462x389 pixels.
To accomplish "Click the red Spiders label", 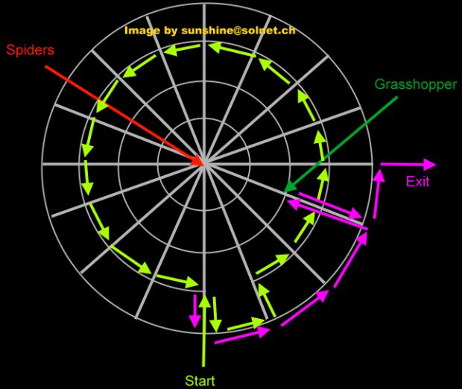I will [x=30, y=51].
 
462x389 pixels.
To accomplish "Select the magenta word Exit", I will [x=417, y=181].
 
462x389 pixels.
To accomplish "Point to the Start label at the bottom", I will [x=200, y=381].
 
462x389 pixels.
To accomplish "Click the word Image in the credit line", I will [x=142, y=31].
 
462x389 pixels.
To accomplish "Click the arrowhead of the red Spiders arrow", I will [x=201, y=163].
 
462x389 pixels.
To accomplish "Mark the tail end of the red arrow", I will [x=46, y=66].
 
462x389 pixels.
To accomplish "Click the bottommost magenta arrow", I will [x=242, y=336].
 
